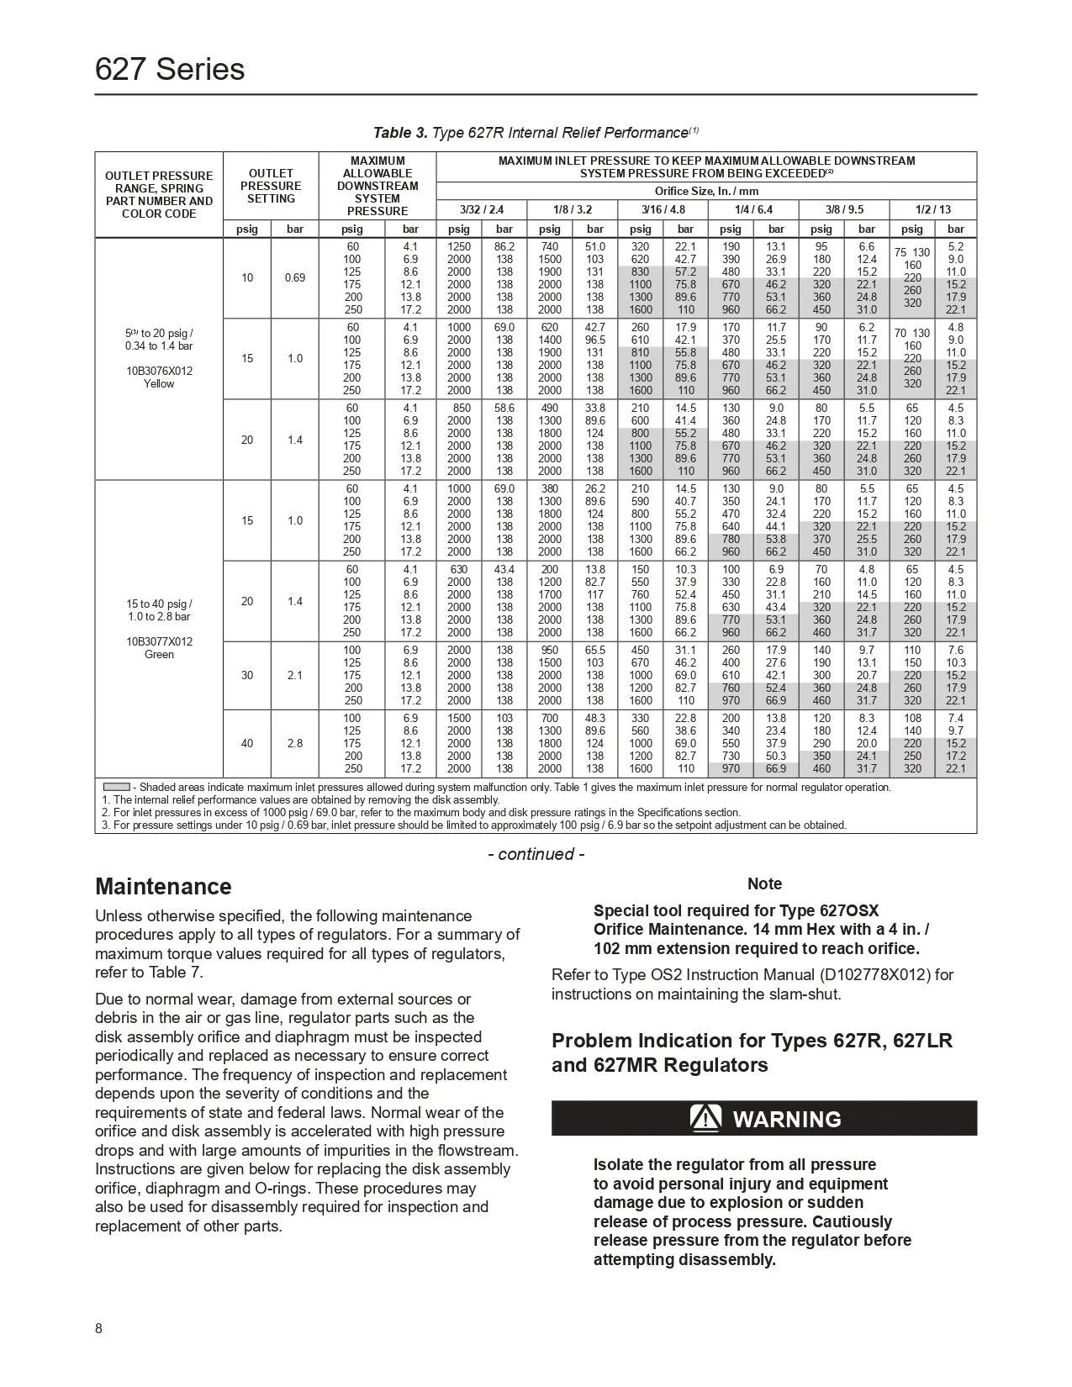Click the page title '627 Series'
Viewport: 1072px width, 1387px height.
pyautogui.click(x=170, y=69)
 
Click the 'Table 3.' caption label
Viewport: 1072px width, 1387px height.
pyautogui.click(x=400, y=133)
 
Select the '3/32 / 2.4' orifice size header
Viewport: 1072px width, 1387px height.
pyautogui.click(x=482, y=209)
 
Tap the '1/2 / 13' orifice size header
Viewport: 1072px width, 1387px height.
pyautogui.click(x=933, y=209)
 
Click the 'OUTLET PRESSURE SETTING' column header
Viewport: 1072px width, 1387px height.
pyautogui.click(x=271, y=186)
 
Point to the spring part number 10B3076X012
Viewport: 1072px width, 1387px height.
pyautogui.click(x=159, y=371)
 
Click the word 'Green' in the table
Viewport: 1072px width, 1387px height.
pyautogui.click(x=159, y=654)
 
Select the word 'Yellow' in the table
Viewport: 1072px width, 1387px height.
pyautogui.click(x=159, y=383)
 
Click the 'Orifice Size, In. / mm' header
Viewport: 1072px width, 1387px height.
pyautogui.click(x=706, y=192)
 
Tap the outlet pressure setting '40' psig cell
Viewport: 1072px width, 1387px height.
pyautogui.click(x=247, y=743)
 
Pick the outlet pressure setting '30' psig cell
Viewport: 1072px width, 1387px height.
pyautogui.click(x=247, y=675)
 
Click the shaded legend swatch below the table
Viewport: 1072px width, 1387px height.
pyautogui.click(x=115, y=788)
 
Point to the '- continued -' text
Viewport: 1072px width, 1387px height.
pyautogui.click(x=536, y=854)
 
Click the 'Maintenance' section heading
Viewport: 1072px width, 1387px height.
pyautogui.click(x=163, y=887)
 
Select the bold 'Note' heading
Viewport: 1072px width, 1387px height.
pyautogui.click(x=764, y=883)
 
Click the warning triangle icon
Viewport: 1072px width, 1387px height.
pyautogui.click(x=705, y=1118)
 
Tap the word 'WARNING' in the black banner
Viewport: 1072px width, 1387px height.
pyautogui.click(x=787, y=1119)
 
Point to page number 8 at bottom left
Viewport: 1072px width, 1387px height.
pyautogui.click(x=99, y=1328)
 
